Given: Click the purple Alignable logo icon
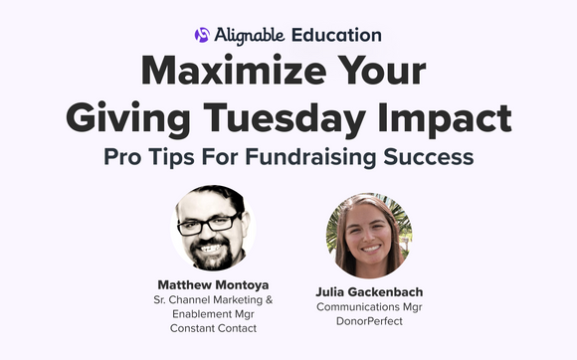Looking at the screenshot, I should (x=202, y=35).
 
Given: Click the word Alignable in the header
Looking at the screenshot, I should (x=249, y=35).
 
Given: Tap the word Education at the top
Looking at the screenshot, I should (x=336, y=35).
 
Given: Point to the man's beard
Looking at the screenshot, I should (x=210, y=255).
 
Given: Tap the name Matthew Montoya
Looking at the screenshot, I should (x=207, y=282).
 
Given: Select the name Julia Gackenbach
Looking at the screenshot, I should (x=368, y=293).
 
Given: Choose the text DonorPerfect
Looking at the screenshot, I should (x=368, y=324).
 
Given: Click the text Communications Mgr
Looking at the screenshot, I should (x=368, y=309).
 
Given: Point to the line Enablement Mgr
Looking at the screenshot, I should (x=207, y=312).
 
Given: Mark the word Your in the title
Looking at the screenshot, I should (x=375, y=74).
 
